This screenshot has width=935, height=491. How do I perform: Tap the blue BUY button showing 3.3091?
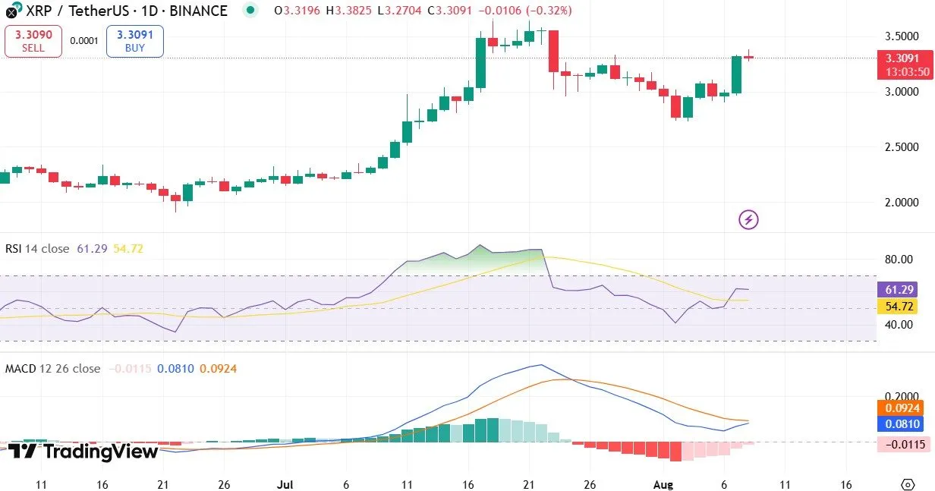point(134,41)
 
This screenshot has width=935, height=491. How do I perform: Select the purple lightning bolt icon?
point(748,220)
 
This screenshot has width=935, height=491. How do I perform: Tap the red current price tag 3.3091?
point(902,58)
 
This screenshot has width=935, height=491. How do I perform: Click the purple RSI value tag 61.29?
point(902,289)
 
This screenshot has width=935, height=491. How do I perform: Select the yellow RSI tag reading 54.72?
point(902,307)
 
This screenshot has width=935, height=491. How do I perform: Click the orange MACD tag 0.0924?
point(902,408)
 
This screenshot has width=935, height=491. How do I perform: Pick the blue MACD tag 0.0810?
point(902,424)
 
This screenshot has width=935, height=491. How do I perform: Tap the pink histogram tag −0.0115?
point(902,445)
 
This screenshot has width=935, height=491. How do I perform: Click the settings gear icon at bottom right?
point(907,485)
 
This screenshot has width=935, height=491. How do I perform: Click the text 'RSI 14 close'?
point(37,249)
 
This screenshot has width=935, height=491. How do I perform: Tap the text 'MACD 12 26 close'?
point(52,369)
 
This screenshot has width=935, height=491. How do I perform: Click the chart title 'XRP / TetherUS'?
point(71,11)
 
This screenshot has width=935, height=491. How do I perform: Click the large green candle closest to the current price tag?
point(736,74)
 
